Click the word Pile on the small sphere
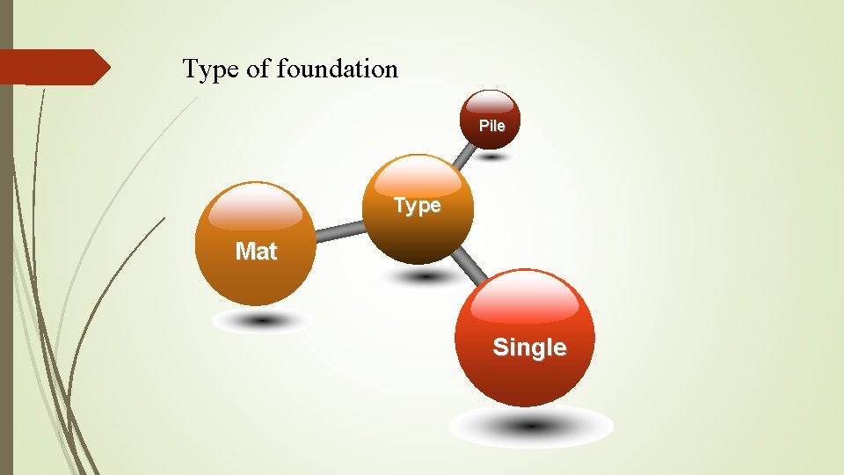point(492,126)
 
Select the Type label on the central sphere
point(417,206)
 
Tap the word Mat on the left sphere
point(256,252)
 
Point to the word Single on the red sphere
point(529,347)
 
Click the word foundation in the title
point(337,69)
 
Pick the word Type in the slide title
point(211,69)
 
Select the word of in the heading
point(258,69)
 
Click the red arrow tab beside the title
point(53,67)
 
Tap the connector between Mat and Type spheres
point(339,231)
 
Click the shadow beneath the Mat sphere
point(262,321)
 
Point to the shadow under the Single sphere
point(531,427)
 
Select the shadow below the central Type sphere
point(425,276)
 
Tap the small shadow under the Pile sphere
point(492,157)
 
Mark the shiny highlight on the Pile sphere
point(491,102)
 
